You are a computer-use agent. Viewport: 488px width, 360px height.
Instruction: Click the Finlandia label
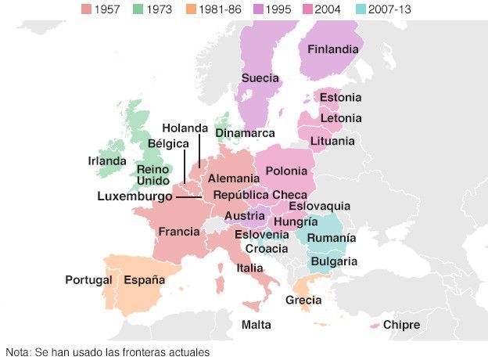[x=333, y=49]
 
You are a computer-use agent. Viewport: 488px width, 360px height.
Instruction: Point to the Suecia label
[x=260, y=77]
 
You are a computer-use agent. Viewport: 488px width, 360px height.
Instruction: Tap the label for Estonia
[x=340, y=98]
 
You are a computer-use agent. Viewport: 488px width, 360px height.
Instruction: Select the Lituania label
[x=332, y=142]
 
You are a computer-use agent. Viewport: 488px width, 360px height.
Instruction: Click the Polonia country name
[x=285, y=171]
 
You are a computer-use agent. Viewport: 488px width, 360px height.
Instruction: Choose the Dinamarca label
[x=245, y=133]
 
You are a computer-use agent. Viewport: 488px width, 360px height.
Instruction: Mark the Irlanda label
[x=106, y=162]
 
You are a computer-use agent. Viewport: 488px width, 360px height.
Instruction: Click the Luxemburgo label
[x=135, y=196]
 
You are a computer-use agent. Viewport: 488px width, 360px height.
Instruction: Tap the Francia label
[x=179, y=232]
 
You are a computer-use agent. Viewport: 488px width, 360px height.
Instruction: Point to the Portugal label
[x=88, y=279]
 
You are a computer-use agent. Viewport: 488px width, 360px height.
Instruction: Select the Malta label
[x=257, y=325]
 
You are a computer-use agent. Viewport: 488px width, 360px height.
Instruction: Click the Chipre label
[x=401, y=325]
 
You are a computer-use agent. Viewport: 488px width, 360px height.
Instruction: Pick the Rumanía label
[x=331, y=238]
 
